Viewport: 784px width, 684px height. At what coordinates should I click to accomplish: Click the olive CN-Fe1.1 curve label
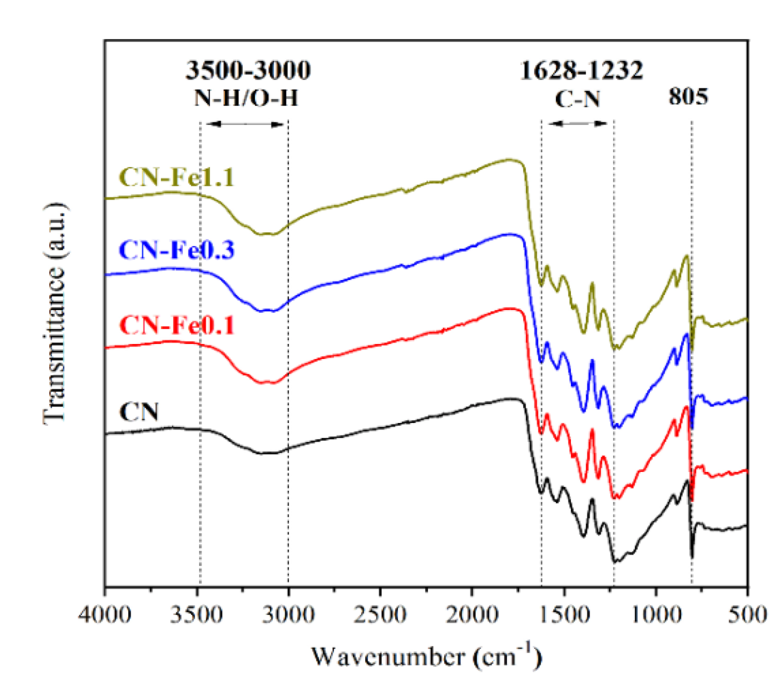pyautogui.click(x=176, y=177)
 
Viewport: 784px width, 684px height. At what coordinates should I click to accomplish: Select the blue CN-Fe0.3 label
pyautogui.click(x=176, y=249)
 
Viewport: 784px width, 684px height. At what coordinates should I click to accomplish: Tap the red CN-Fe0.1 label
pyautogui.click(x=176, y=325)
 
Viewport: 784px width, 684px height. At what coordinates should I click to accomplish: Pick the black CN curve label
pyautogui.click(x=138, y=412)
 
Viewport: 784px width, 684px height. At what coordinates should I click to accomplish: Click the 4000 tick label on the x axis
pyautogui.click(x=104, y=614)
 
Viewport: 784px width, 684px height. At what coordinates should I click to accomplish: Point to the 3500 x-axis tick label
pyautogui.click(x=196, y=614)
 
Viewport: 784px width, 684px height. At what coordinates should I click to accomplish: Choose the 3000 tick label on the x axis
pyautogui.click(x=288, y=614)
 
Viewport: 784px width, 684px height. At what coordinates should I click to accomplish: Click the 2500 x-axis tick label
pyautogui.click(x=380, y=614)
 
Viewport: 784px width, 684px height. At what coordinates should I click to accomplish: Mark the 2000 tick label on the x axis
pyautogui.click(x=472, y=614)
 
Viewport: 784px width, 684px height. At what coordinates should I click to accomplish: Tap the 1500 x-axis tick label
pyautogui.click(x=564, y=614)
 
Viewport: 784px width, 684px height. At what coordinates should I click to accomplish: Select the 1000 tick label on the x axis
pyautogui.click(x=655, y=614)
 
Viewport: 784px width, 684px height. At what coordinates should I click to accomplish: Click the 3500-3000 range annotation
pyautogui.click(x=248, y=70)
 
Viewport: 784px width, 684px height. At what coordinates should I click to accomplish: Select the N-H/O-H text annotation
pyautogui.click(x=246, y=97)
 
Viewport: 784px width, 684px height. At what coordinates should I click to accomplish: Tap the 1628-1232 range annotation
pyautogui.click(x=581, y=70)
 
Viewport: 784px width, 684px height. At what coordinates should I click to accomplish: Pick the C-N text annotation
pyautogui.click(x=577, y=99)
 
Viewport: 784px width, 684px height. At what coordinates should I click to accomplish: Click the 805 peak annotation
pyautogui.click(x=688, y=96)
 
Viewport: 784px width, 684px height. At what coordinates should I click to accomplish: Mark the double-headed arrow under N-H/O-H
pyautogui.click(x=245, y=124)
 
